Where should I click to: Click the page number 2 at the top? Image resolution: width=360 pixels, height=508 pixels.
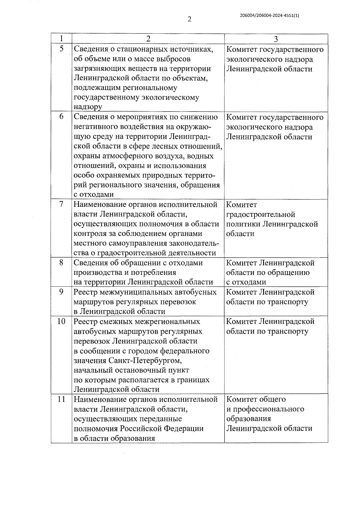pyautogui.click(x=189, y=19)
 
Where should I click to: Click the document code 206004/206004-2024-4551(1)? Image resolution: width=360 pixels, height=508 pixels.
pyautogui.click(x=269, y=16)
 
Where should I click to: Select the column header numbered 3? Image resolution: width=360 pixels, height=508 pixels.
pyautogui.click(x=276, y=39)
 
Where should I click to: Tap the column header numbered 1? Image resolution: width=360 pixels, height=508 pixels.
pyautogui.click(x=61, y=39)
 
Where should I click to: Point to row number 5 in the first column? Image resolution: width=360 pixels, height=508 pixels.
pyautogui.click(x=61, y=49)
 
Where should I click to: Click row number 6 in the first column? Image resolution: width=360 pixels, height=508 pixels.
pyautogui.click(x=61, y=117)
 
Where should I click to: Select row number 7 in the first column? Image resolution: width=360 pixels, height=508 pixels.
pyautogui.click(x=61, y=205)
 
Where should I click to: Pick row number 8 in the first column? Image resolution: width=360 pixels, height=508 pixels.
pyautogui.click(x=61, y=263)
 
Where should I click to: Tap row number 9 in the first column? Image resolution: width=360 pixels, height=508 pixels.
pyautogui.click(x=61, y=292)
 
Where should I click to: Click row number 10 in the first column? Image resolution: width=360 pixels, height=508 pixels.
pyautogui.click(x=61, y=322)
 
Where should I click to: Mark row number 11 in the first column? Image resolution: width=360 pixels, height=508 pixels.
pyautogui.click(x=61, y=399)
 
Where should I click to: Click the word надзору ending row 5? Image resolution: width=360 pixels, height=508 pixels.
pyautogui.click(x=88, y=107)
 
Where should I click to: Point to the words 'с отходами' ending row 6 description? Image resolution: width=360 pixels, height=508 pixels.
pyautogui.click(x=94, y=195)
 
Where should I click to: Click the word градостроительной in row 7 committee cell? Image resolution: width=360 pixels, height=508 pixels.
pyautogui.click(x=260, y=215)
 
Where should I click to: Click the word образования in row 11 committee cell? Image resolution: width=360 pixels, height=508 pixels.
pyautogui.click(x=248, y=419)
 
